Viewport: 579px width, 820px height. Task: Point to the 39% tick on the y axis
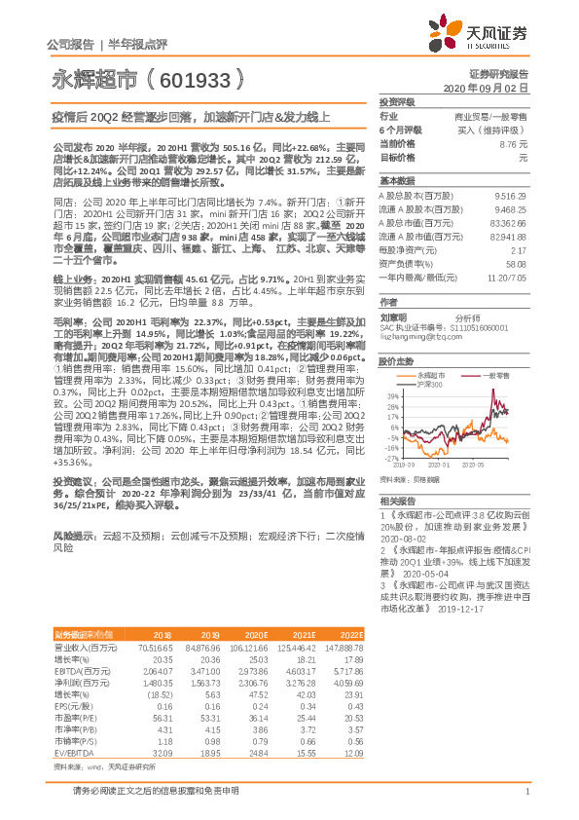(392, 395)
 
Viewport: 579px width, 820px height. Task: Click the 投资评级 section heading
(397, 101)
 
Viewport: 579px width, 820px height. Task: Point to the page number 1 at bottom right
(525, 801)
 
